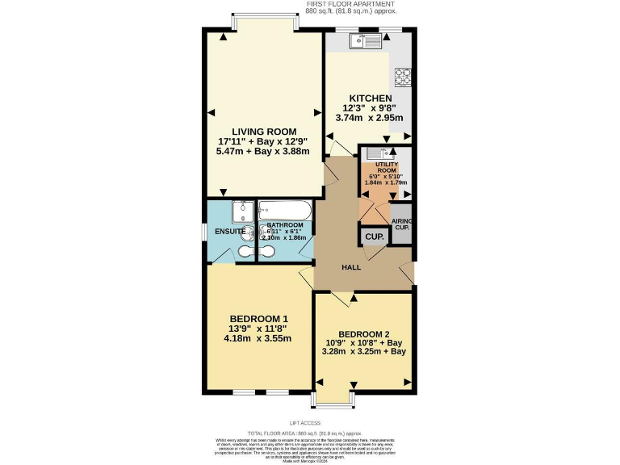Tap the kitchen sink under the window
[x=368, y=41]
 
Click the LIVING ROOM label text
[x=264, y=132]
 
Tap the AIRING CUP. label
[x=401, y=224]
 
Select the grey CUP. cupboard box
[x=373, y=237]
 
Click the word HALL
[x=350, y=267]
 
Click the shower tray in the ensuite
[x=241, y=212]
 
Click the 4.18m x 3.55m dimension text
[x=258, y=338]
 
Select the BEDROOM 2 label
[x=364, y=334]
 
